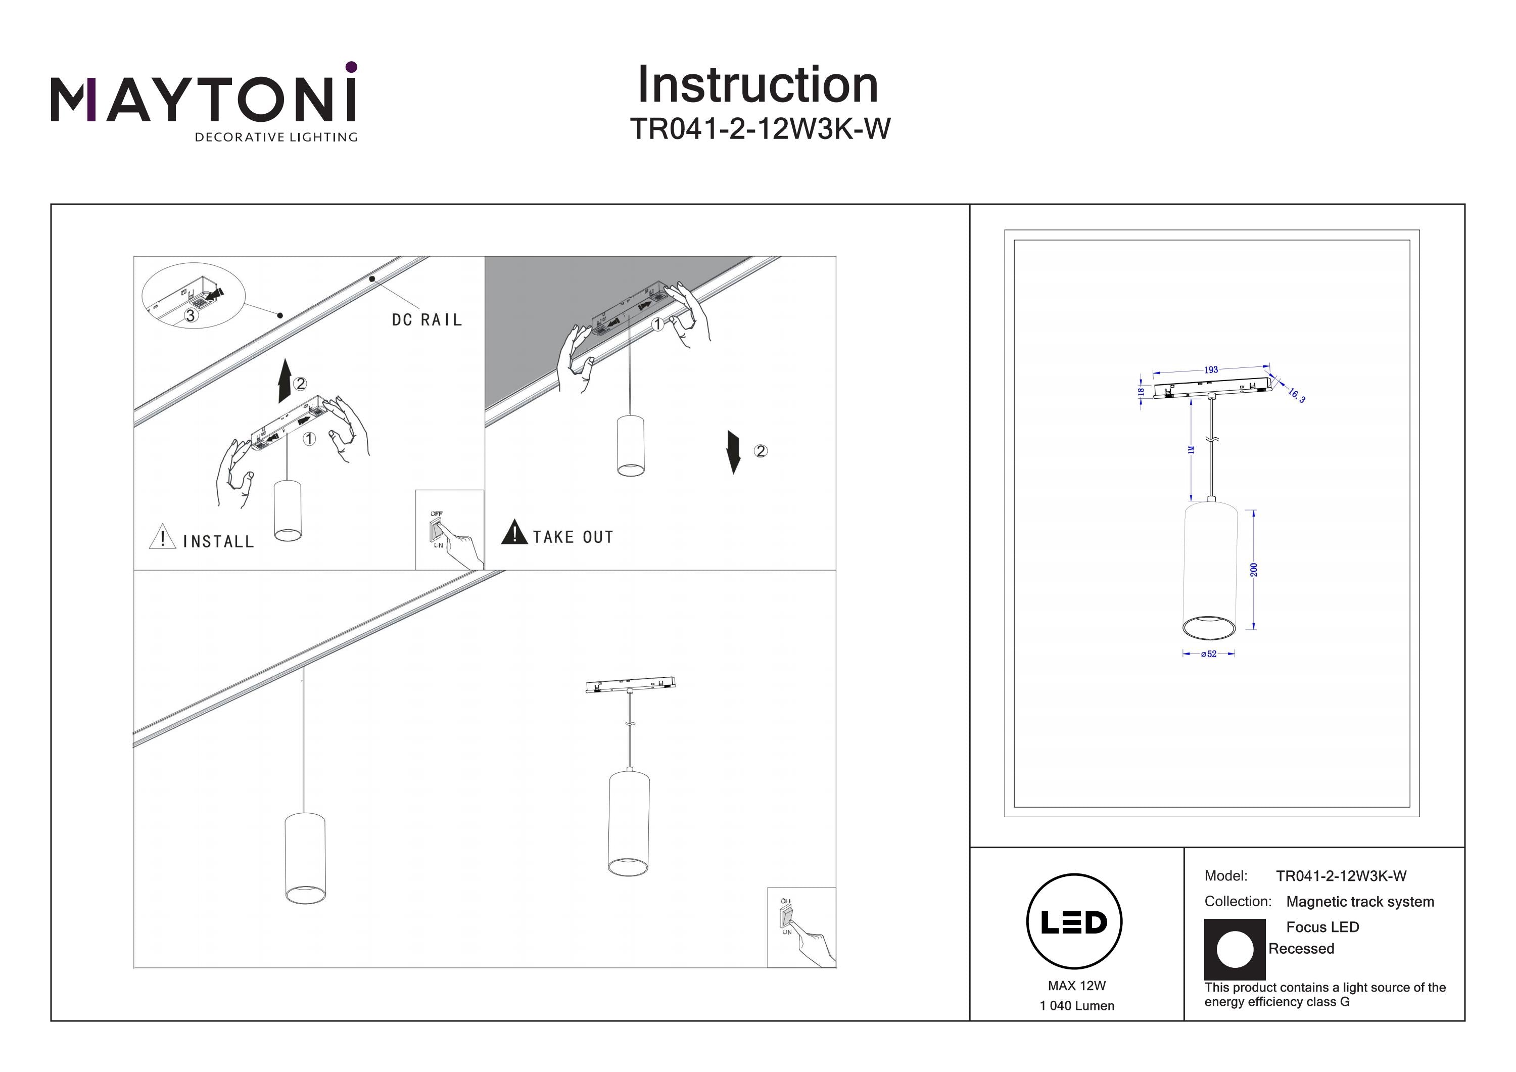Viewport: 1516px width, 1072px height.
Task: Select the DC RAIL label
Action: pyautogui.click(x=427, y=320)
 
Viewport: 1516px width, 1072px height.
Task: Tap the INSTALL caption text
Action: pyautogui.click(x=218, y=542)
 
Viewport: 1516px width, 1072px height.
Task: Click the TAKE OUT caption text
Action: pyautogui.click(x=573, y=537)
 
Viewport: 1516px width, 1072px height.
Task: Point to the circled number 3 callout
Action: pyautogui.click(x=190, y=316)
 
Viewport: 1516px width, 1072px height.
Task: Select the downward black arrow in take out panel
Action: pyautogui.click(x=733, y=452)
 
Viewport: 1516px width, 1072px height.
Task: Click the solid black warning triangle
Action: pyautogui.click(x=514, y=532)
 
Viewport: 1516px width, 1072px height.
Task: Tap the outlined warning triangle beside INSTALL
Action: pyautogui.click(x=162, y=537)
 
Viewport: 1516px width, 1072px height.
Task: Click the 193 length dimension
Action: pyautogui.click(x=1210, y=370)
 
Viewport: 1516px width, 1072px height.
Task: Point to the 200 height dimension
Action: pyautogui.click(x=1254, y=569)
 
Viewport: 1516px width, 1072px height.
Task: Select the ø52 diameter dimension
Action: pyautogui.click(x=1208, y=654)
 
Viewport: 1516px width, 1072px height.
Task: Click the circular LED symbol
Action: pyautogui.click(x=1074, y=921)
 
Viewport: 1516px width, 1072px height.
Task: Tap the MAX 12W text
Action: pyautogui.click(x=1076, y=986)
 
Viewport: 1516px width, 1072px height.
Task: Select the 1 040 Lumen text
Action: pyautogui.click(x=1076, y=1006)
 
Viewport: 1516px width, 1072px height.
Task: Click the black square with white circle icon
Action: pyautogui.click(x=1235, y=949)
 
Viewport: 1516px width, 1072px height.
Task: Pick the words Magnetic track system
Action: pyautogui.click(x=1360, y=902)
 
